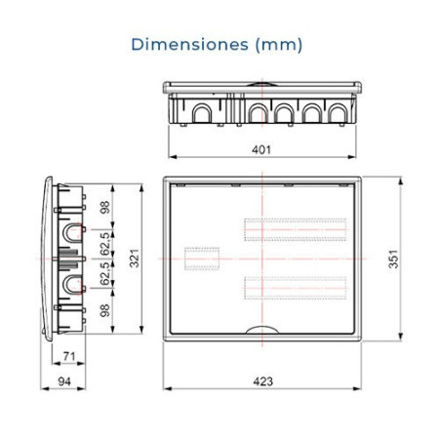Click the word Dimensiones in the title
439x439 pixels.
pos(189,45)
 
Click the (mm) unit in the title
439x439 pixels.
pos(279,45)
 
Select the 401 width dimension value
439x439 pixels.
pos(261,149)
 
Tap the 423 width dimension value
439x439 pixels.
pos(262,381)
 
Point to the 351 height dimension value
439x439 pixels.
pos(393,259)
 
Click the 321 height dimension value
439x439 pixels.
pos(134,259)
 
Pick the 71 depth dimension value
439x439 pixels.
pos(69,356)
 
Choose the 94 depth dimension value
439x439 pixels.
pos(64,381)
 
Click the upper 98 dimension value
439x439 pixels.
pos(104,207)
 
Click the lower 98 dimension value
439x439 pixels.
pos(104,310)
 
